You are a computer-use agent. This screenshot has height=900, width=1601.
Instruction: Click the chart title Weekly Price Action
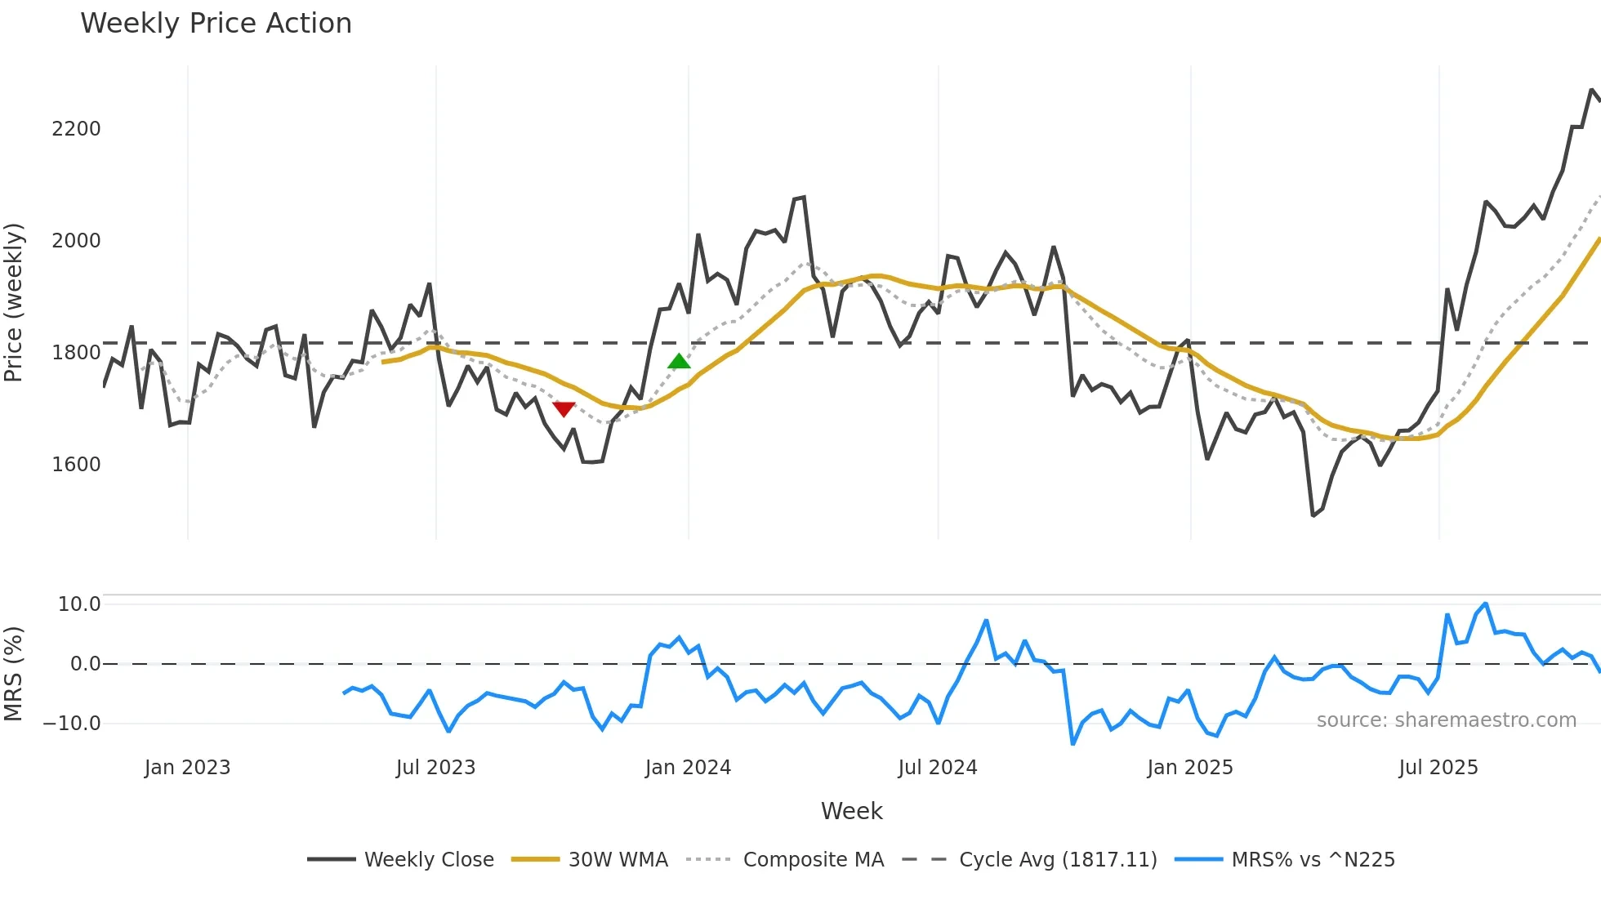[x=216, y=24]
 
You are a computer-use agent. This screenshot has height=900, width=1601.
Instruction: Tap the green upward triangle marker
[x=679, y=362]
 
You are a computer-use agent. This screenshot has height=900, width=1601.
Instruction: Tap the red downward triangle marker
[x=564, y=408]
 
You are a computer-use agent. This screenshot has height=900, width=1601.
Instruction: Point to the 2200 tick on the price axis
[x=76, y=129]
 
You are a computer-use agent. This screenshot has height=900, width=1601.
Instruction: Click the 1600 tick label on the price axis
[x=76, y=465]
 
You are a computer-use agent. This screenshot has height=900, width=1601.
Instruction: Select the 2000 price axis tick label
[x=76, y=241]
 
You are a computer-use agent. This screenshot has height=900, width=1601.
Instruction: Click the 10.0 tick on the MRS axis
[x=79, y=604]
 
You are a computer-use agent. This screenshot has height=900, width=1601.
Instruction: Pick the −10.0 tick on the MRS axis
[x=72, y=724]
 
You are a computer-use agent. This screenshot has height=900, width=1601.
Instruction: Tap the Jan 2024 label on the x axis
[x=688, y=768]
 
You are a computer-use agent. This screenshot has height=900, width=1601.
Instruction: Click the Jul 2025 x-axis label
[x=1438, y=768]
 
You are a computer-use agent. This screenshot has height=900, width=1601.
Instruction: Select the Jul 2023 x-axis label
[x=435, y=768]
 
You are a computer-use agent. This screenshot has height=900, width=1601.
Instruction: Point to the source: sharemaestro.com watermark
[x=1446, y=720]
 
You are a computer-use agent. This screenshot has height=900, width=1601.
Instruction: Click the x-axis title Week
[x=851, y=811]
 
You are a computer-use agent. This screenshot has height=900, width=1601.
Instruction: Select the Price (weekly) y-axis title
[x=13, y=302]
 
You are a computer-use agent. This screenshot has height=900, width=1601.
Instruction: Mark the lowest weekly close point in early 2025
[x=1313, y=515]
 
